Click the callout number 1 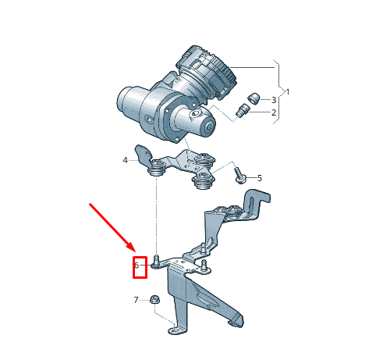(x=287, y=92)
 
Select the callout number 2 (x=274, y=112)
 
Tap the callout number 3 (x=274, y=100)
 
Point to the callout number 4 (x=125, y=160)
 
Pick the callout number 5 (x=260, y=178)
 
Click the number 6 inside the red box (x=137, y=266)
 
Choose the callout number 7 (x=136, y=300)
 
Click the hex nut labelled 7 (x=154, y=299)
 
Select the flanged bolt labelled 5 (x=241, y=178)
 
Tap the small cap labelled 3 (x=253, y=98)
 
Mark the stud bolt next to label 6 (x=157, y=260)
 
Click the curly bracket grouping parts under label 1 (x=278, y=92)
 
